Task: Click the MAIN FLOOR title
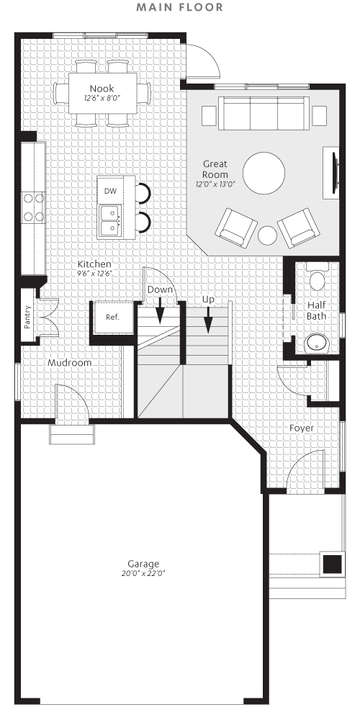[180, 8]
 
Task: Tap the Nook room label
[102, 89]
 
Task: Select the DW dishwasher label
[110, 191]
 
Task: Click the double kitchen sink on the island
[110, 220]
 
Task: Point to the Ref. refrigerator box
[112, 317]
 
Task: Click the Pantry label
[27, 317]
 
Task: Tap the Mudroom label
[69, 363]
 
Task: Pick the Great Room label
[215, 169]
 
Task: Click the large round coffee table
[264, 174]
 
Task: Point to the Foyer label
[302, 428]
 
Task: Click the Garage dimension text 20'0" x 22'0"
[144, 574]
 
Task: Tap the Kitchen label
[94, 264]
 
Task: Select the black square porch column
[332, 564]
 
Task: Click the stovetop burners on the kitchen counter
[32, 205]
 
